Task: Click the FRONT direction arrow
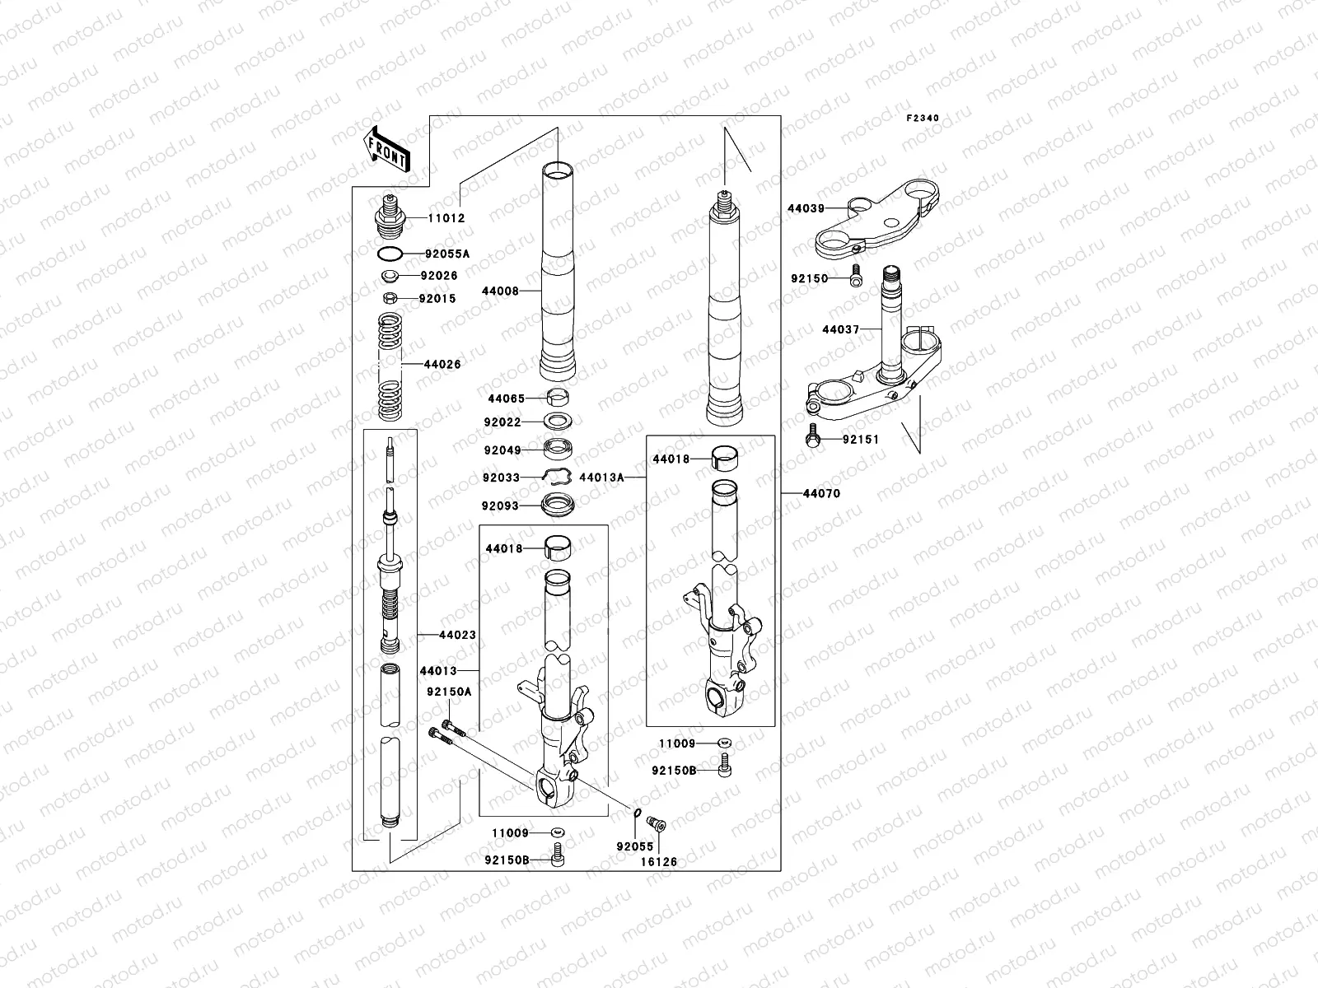pos(387,149)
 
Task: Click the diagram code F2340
pos(923,119)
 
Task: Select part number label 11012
pos(446,219)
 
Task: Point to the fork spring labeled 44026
pos(395,365)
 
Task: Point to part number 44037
pos(840,330)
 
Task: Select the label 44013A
pos(601,478)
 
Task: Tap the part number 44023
pos(457,636)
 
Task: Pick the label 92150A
pos(449,692)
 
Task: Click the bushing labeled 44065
pos(559,398)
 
